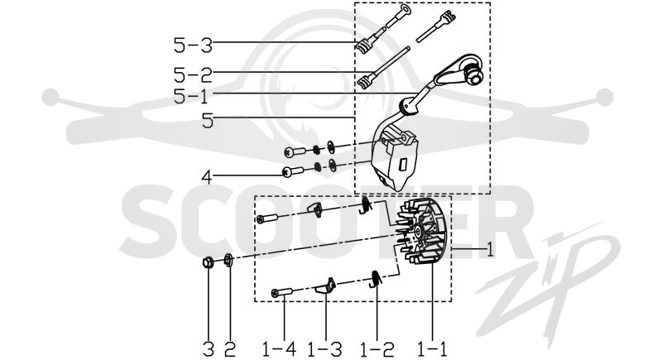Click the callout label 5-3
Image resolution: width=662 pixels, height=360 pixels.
pos(193,46)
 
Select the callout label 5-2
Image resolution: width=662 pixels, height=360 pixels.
pos(193,75)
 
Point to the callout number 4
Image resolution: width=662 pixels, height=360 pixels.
pos(207,178)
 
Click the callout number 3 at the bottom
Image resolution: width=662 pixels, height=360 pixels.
pos(209,349)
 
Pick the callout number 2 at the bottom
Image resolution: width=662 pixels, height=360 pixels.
pos(230,349)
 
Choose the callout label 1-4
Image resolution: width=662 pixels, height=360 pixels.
pos(279,349)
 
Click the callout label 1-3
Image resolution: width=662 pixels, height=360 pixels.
pos(324,349)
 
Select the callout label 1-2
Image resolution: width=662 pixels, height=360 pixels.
pos(377,349)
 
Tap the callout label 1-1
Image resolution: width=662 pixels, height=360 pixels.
pos(432,349)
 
